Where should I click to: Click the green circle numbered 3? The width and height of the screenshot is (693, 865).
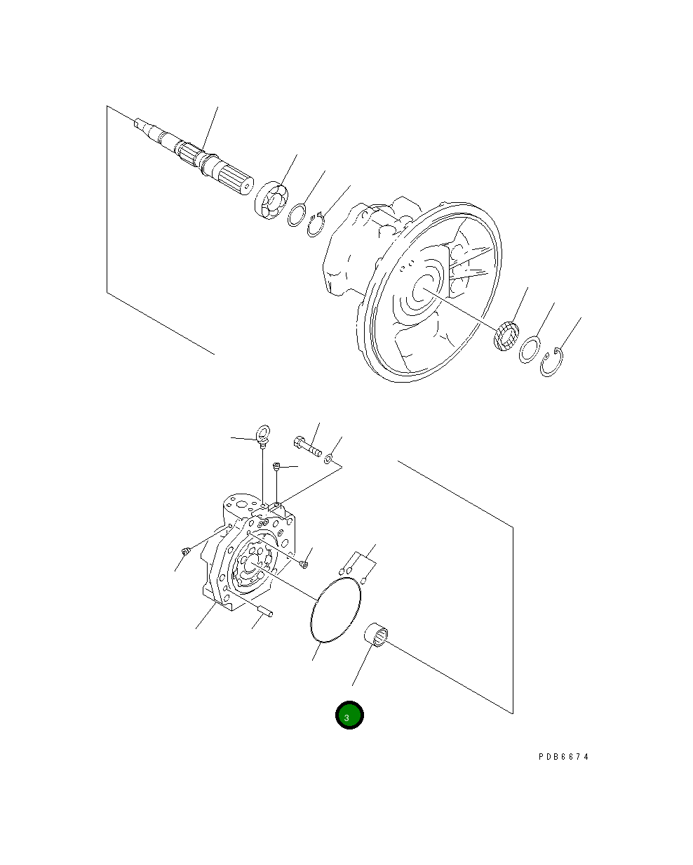349,715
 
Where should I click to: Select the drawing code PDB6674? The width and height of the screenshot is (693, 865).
564,757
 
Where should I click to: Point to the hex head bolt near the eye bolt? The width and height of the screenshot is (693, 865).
307,447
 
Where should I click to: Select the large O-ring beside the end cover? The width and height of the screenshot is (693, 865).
336,610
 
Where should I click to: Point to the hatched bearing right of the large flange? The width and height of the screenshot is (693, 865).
506,336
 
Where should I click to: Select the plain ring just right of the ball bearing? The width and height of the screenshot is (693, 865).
297,214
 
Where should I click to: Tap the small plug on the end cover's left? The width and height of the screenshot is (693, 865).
185,553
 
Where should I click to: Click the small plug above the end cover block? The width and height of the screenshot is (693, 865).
277,466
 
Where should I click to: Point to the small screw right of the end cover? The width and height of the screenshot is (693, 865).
304,562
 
